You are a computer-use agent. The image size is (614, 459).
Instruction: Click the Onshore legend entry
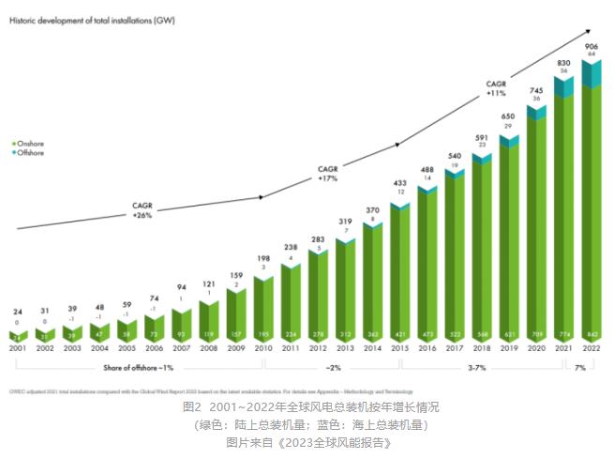[x=30, y=143]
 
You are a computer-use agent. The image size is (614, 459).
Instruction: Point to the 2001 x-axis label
[x=19, y=349]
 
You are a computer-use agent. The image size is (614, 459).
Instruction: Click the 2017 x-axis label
[x=455, y=349]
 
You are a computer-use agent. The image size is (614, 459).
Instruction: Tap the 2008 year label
[x=209, y=349]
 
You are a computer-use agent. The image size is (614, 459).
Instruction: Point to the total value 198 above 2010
[x=263, y=258]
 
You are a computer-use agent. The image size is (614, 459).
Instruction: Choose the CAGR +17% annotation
[x=328, y=173]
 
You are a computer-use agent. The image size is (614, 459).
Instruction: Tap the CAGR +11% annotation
[x=496, y=88]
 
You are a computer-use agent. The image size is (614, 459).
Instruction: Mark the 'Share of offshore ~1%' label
[x=139, y=366]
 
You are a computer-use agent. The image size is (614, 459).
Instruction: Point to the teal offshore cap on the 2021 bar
[x=563, y=86]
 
